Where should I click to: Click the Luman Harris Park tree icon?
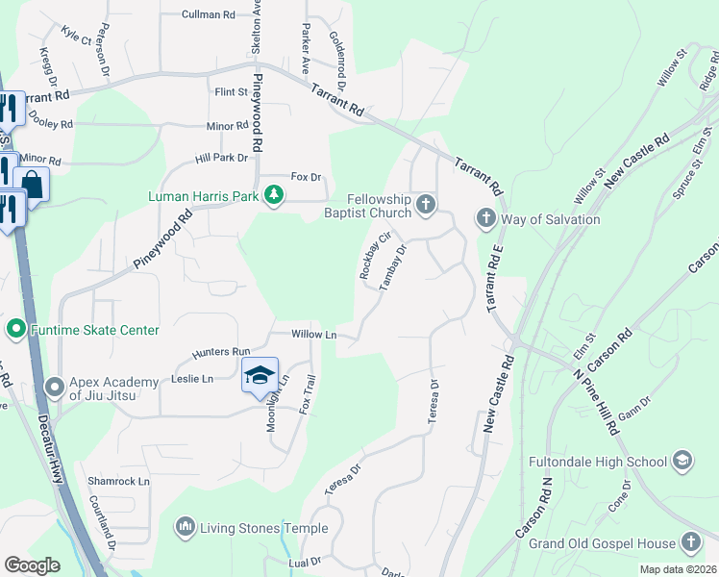[275, 196]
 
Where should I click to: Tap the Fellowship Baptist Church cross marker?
[426, 203]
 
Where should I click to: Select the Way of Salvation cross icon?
[484, 219]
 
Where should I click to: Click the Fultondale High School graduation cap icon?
[682, 461]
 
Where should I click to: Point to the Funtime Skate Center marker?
[15, 330]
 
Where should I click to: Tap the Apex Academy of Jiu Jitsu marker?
[54, 389]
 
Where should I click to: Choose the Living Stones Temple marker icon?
[185, 527]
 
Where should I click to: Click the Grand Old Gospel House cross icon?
[690, 542]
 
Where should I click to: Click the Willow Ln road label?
[314, 335]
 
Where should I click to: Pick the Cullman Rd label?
[209, 15]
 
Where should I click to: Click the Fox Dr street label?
[306, 178]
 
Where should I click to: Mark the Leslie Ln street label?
[192, 379]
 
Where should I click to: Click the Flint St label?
[231, 92]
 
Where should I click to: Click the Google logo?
[33, 565]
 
